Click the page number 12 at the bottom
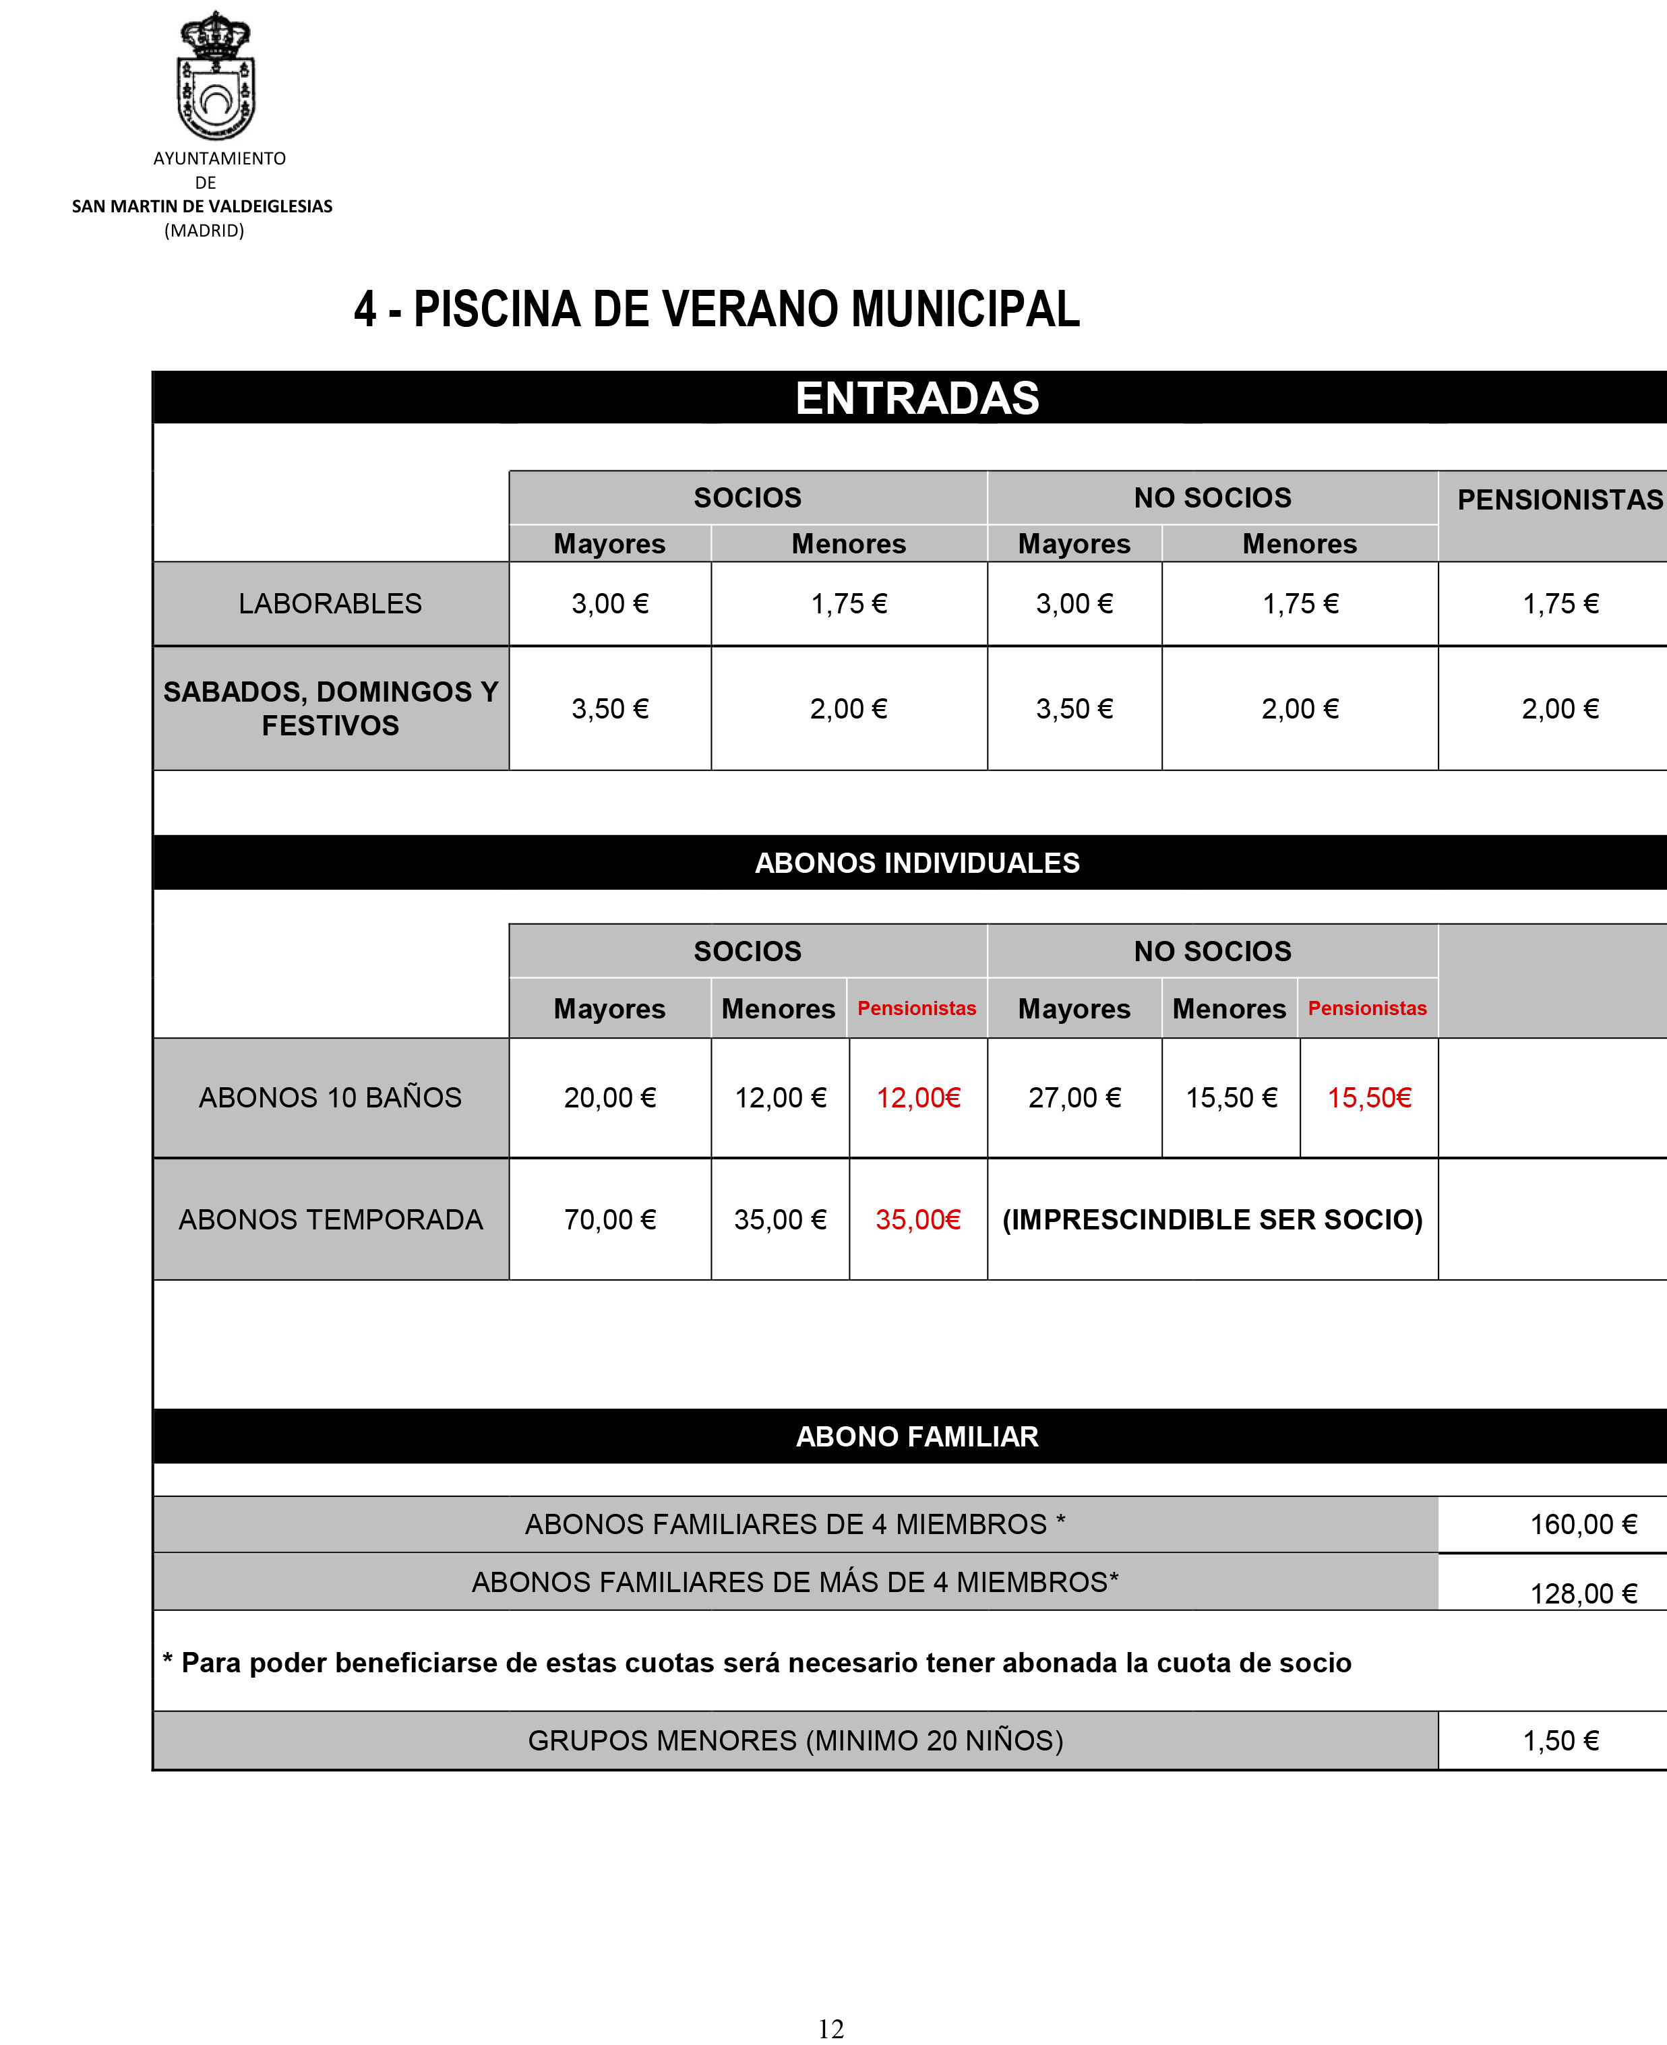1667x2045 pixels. [x=830, y=2029]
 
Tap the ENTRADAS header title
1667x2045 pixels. [x=917, y=398]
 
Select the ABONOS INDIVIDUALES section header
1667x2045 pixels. [x=917, y=862]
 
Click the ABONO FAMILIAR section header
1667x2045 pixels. [x=917, y=1436]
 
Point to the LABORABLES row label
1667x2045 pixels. [x=330, y=603]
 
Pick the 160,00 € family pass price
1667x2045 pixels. [x=1583, y=1524]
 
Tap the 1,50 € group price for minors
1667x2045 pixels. [x=1560, y=1740]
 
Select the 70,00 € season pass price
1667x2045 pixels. [x=610, y=1219]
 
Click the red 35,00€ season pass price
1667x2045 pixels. [x=918, y=1219]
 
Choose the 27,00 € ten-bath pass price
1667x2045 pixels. [x=1074, y=1097]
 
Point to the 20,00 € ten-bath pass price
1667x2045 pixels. [x=610, y=1097]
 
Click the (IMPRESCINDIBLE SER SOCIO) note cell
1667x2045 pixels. [x=1212, y=1219]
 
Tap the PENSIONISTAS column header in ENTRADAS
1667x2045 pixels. [x=1559, y=499]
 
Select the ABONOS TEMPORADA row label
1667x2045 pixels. [x=330, y=1219]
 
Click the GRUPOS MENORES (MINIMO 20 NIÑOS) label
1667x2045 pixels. [x=795, y=1740]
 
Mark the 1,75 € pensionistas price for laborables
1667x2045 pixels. [x=1560, y=603]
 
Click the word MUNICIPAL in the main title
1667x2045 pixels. [x=965, y=309]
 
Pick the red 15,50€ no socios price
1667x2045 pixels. [x=1369, y=1097]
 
